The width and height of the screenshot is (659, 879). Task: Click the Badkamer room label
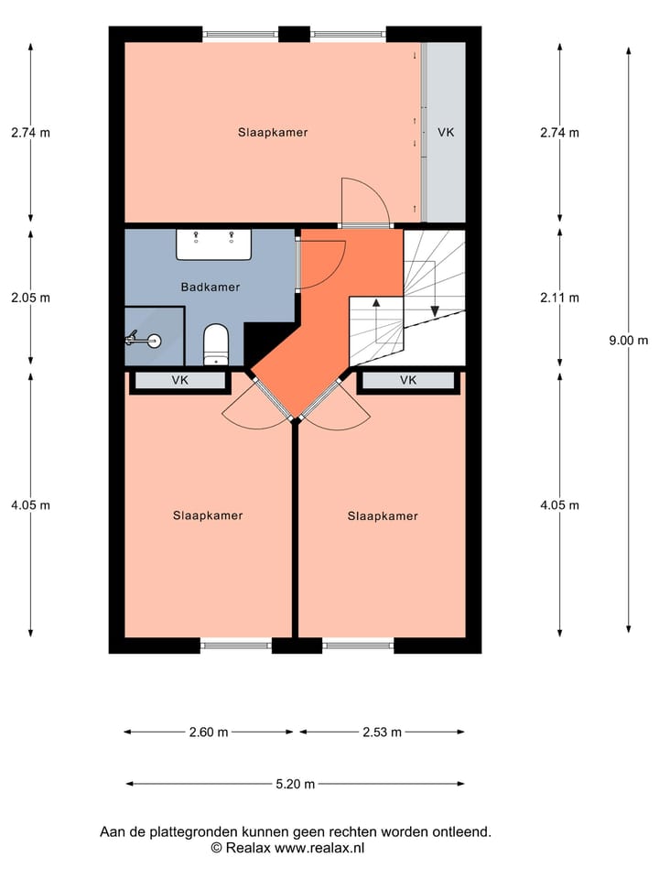pos(210,287)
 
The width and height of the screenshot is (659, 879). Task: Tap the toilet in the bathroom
pos(215,344)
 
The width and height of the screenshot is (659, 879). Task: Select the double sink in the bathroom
pos(213,244)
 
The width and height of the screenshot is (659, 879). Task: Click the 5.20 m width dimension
pos(295,784)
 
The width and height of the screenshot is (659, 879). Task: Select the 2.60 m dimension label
pos(209,732)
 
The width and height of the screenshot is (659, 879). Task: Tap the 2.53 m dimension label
pos(382,732)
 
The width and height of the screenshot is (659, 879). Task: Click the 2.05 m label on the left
pos(30,298)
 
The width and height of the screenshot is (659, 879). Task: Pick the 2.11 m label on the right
pos(559,298)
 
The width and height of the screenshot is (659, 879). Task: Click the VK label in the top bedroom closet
pos(445,133)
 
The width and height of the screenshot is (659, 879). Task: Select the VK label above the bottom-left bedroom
pos(179,380)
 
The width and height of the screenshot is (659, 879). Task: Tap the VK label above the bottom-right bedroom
pos(407,380)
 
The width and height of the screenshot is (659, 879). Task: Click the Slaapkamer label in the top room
pos(273,132)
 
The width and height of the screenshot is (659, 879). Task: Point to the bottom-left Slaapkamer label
pos(208,515)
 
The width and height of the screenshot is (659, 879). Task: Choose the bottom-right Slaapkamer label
pos(382,516)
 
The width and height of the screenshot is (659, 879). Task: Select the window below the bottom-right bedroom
pos(358,646)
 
